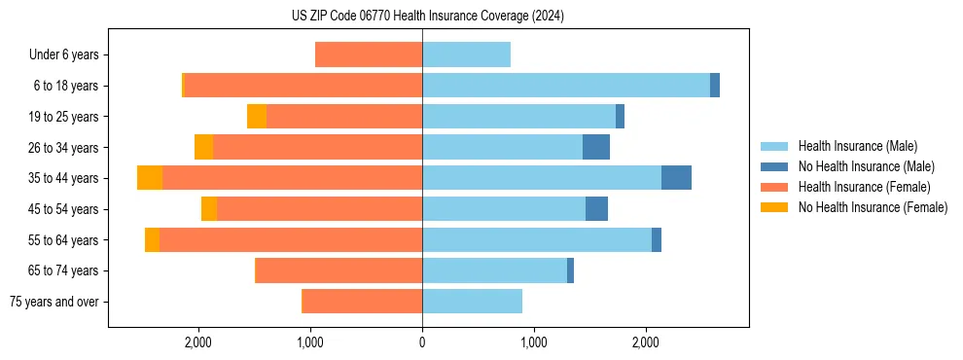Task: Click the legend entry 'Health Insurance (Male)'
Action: [x=857, y=146]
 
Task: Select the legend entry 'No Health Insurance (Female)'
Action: [x=873, y=207]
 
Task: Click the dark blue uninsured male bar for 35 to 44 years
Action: [x=676, y=178]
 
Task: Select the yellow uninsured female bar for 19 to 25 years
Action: [x=257, y=117]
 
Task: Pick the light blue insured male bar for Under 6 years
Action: [x=466, y=55]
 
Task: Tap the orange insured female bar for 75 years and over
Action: [x=362, y=302]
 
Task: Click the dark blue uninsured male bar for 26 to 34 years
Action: [x=596, y=147]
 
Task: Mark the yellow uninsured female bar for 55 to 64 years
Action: [x=152, y=239]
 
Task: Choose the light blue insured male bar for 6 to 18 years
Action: [x=566, y=86]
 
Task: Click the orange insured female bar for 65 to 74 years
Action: [x=339, y=270]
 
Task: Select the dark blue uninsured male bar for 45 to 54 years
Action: [x=596, y=209]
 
